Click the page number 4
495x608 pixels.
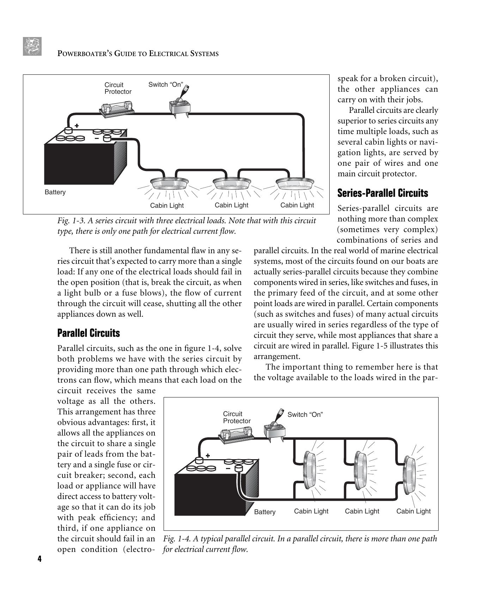[39, 559]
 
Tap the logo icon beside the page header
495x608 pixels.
[32, 46]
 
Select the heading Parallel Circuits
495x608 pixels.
[88, 333]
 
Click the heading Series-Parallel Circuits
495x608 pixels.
[383, 193]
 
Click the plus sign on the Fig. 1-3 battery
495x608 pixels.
[77, 126]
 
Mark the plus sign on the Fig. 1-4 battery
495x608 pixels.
[208, 455]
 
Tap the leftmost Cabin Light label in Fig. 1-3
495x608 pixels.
[167, 206]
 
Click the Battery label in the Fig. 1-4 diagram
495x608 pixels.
[264, 512]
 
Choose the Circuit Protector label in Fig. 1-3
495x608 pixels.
[118, 88]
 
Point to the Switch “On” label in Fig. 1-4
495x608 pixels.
[305, 415]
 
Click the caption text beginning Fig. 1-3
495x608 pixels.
[187, 226]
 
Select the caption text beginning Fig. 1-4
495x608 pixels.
[300, 544]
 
